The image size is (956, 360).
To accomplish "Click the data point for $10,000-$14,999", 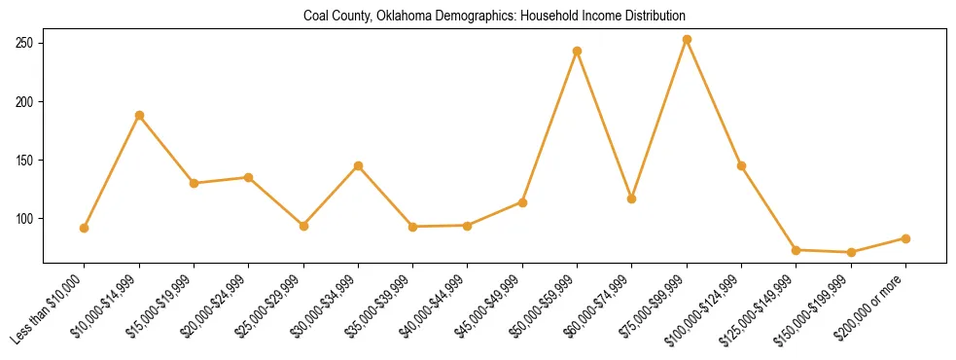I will (x=139, y=115).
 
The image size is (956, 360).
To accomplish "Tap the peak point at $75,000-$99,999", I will (x=687, y=40).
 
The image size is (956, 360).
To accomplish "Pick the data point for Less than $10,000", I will (x=85, y=228).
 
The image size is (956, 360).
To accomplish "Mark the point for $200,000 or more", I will (x=905, y=238).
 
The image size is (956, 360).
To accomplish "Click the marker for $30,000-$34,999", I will (x=359, y=165).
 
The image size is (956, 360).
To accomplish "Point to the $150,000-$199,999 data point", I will (x=851, y=252).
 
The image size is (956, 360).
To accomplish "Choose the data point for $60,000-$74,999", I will (x=632, y=198).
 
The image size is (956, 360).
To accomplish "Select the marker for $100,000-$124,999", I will (x=742, y=165).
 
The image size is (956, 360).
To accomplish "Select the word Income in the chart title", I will (x=600, y=17).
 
